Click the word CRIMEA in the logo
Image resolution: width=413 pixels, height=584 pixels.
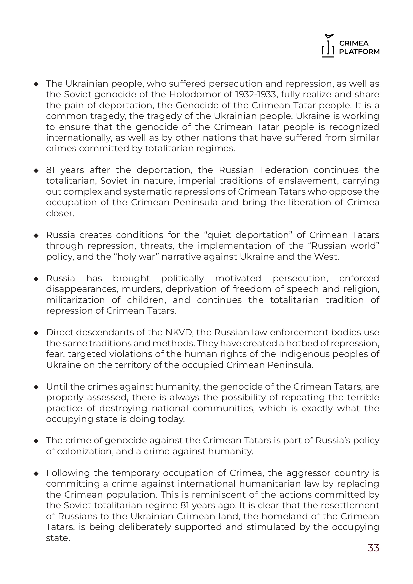tap(354, 44)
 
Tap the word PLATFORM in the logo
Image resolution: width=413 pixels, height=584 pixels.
tap(359, 52)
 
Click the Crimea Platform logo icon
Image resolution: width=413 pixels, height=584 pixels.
tap(328, 46)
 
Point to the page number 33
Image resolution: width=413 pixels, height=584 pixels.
tap(373, 548)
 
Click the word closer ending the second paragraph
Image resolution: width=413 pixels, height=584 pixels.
tap(60, 213)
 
